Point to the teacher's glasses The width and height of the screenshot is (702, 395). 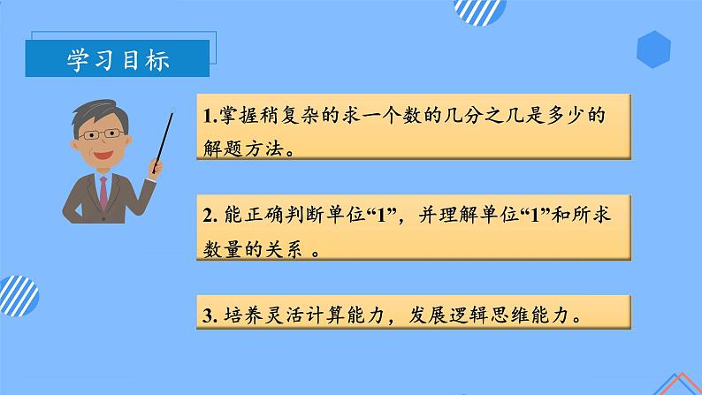click(103, 133)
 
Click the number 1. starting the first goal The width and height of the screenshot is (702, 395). click(210, 117)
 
